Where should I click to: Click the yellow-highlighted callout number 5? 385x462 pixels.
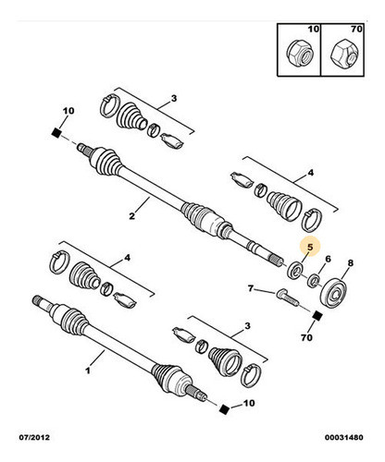click(312, 248)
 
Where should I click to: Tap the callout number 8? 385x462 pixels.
click(350, 264)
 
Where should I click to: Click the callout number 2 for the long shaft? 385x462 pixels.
click(132, 218)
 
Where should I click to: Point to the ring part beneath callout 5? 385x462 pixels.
click(297, 272)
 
